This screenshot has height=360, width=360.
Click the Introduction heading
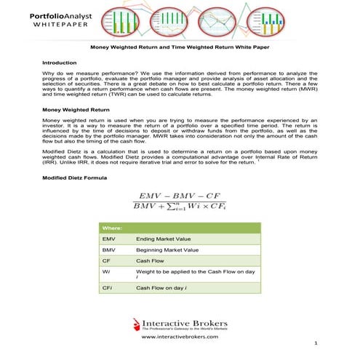(63, 63)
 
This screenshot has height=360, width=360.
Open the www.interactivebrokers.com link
(180, 337)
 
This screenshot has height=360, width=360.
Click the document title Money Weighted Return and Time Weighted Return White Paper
(180, 47)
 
